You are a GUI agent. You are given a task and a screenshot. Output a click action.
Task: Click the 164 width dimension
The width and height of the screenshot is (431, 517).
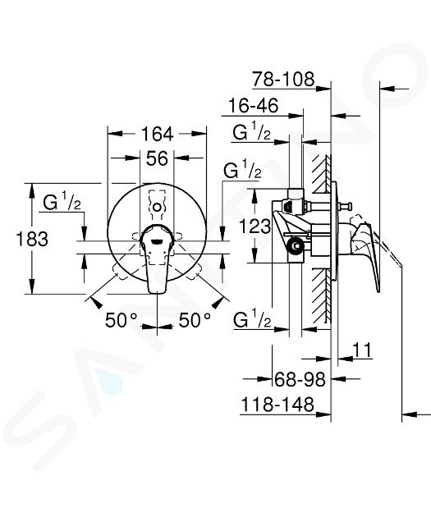(x=157, y=134)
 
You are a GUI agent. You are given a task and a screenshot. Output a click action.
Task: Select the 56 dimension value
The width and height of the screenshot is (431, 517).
(x=157, y=158)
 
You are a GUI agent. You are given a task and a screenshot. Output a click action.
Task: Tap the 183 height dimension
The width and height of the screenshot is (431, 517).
(x=32, y=239)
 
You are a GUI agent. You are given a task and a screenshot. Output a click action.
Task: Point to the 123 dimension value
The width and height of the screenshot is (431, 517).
(x=255, y=226)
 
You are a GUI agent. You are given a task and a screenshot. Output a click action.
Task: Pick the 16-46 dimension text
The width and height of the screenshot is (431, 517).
(x=254, y=106)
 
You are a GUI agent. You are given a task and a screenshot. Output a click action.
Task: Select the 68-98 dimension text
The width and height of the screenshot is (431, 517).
(x=300, y=379)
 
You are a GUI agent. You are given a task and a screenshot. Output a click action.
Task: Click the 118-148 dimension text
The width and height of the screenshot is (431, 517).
(x=277, y=405)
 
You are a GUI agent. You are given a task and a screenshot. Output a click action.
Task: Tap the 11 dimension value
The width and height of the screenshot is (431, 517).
(x=362, y=350)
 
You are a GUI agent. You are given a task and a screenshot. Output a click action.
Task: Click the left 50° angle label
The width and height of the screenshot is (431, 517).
(x=121, y=320)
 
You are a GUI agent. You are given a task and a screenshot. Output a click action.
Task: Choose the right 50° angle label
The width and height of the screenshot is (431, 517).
(x=195, y=320)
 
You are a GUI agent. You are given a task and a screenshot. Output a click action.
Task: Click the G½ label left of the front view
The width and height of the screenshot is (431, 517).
(x=62, y=203)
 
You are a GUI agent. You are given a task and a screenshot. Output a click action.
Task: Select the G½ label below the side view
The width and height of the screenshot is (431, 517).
(x=252, y=319)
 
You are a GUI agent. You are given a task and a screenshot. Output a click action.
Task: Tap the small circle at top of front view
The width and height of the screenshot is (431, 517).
(x=158, y=208)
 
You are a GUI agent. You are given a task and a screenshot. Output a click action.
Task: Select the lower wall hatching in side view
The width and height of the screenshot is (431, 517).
(x=320, y=294)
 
